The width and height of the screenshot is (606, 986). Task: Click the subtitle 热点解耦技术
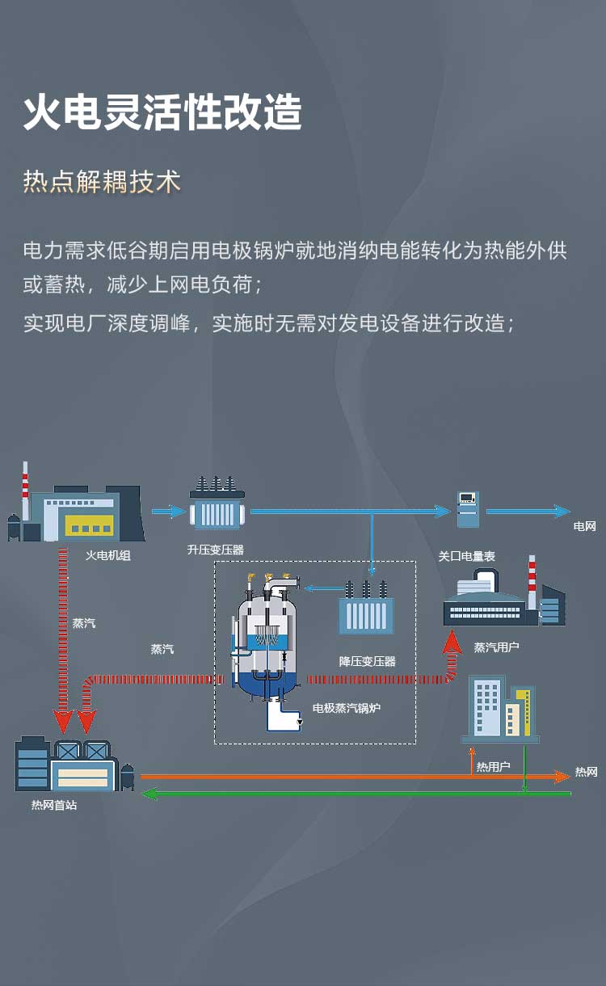[x=102, y=181]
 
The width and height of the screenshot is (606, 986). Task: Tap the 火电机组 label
[x=107, y=555]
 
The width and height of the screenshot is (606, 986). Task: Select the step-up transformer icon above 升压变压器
[x=217, y=504]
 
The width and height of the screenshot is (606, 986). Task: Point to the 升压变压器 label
[x=215, y=550]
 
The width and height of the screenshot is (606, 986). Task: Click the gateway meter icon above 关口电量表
[x=467, y=509]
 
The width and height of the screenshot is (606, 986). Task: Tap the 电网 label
[x=584, y=526]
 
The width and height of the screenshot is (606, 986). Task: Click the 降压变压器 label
[x=367, y=661]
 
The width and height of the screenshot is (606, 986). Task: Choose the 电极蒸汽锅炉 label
[x=347, y=708]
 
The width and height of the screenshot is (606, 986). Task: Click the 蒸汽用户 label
[x=496, y=647]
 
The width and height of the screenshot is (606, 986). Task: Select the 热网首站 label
[x=53, y=805]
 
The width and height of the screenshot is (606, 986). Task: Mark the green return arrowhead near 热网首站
[x=149, y=794]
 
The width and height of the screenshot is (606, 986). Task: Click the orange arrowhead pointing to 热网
[x=562, y=777]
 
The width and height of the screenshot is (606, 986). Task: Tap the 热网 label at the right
[x=586, y=772]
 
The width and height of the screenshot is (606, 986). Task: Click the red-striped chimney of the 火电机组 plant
[x=25, y=491]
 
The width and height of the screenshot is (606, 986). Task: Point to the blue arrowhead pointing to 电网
[x=562, y=511]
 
